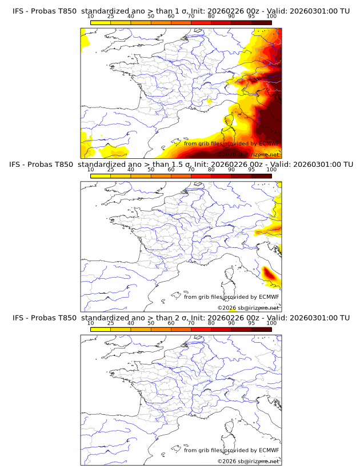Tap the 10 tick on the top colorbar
[91, 16]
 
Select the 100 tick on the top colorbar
[271, 16]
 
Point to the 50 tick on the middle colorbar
[151, 169]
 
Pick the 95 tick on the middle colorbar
[251, 169]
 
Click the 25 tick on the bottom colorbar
[111, 323]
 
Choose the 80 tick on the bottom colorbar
[211, 323]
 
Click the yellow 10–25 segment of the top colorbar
[101, 22]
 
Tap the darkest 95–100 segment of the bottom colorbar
[261, 329]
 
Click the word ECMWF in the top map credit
[269, 143]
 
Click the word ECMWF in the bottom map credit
[269, 450]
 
